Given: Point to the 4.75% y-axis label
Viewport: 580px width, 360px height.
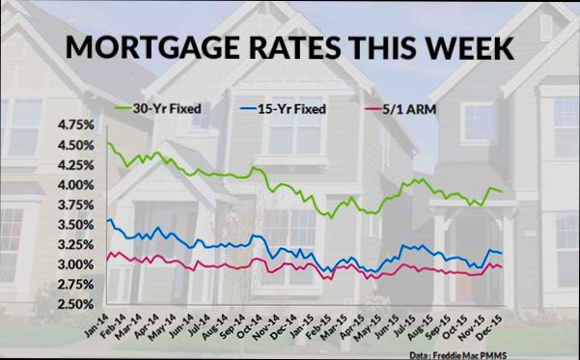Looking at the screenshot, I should [76, 125].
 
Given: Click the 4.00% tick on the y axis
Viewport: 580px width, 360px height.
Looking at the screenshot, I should [76, 185].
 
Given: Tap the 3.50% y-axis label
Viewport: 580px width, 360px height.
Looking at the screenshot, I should [76, 225].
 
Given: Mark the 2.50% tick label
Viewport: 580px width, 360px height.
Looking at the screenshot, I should [76, 304].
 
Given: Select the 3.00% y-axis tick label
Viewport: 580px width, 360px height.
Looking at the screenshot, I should [76, 264].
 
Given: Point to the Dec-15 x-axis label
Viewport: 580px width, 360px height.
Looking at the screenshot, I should [493, 324].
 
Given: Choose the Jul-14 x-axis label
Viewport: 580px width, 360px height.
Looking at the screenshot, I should [201, 324].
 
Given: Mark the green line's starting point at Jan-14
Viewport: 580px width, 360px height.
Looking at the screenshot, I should [108, 143].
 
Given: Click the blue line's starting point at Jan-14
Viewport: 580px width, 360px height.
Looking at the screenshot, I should [108, 221].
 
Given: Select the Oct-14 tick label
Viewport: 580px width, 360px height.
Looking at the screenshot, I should [252, 324].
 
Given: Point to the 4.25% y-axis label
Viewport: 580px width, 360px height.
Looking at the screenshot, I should [76, 165].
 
